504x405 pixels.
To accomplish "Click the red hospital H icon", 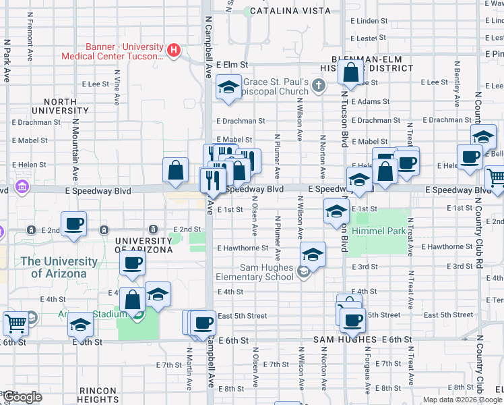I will [x=174, y=50].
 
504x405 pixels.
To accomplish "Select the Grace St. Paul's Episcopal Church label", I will [x=276, y=86].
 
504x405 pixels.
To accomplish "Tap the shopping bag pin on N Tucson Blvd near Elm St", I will [x=351, y=72].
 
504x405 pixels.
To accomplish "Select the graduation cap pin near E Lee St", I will [x=229, y=87].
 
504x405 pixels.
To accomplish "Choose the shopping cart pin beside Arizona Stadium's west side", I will [x=15, y=323].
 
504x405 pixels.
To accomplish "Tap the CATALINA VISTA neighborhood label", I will [x=290, y=11].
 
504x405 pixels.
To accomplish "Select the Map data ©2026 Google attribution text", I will [x=462, y=400].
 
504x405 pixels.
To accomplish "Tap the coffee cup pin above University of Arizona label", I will [x=133, y=263].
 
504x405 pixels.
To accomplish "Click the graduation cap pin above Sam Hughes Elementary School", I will [x=313, y=254].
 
